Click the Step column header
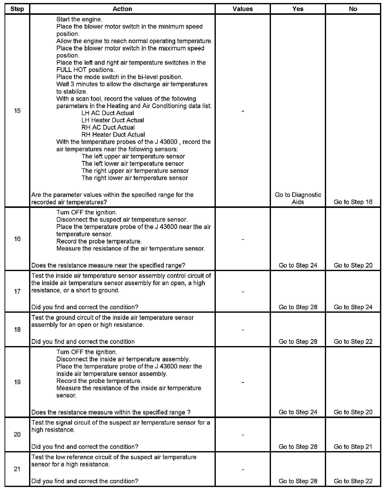pos(17,9)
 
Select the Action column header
pos(122,9)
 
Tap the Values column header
pos(243,9)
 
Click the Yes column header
pos(298,9)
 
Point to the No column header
pos(353,9)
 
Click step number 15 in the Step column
pos(17,111)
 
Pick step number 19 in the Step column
pos(17,382)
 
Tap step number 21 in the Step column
pos(17,469)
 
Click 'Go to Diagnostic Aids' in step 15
pos(298,198)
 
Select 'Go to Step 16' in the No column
pos(353,202)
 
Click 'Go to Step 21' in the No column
pos(353,447)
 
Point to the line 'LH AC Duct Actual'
pos(108,113)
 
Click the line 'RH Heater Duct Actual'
pos(113,135)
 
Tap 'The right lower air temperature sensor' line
pos(135,178)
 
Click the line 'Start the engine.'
pos(79,19)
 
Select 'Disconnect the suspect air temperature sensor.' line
pos(122,220)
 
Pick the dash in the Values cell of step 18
pos(243,330)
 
